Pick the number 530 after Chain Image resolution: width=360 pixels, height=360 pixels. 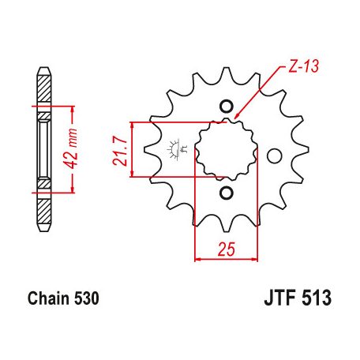pos(86,300)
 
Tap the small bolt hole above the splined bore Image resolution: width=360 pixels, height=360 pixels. pos(227,106)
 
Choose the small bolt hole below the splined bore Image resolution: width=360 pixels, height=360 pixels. pos(227,193)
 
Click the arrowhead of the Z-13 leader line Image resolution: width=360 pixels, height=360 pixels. pos(237,120)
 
